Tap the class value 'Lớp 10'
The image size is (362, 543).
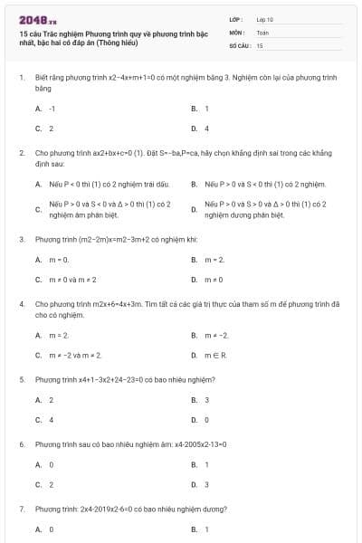[x=264, y=18]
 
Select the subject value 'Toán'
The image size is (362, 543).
[x=262, y=31]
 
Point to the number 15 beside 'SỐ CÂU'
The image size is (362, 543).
[x=260, y=44]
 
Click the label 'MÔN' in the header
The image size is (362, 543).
[x=236, y=31]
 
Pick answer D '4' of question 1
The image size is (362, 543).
[x=207, y=128]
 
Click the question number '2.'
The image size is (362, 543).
[x=21, y=154]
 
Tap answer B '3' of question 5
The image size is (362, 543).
[x=207, y=399]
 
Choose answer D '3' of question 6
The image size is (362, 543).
[x=207, y=484]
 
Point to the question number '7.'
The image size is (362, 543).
[x=21, y=510]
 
